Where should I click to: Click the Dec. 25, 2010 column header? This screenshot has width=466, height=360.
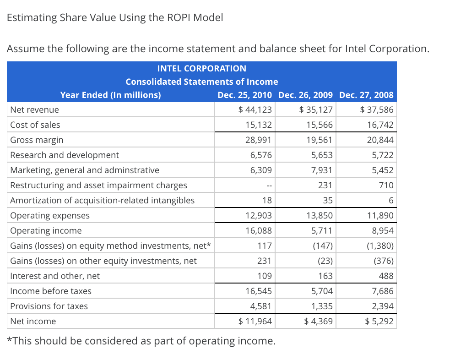tap(244, 95)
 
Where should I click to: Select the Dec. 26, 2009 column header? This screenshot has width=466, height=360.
tap(305, 95)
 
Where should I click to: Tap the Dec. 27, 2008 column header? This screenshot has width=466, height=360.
tap(366, 95)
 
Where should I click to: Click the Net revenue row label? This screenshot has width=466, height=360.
tap(35, 110)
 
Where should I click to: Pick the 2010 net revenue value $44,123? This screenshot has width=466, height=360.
tap(255, 110)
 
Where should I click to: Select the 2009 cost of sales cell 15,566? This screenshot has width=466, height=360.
tap(321, 125)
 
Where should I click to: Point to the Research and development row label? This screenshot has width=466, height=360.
tap(65, 155)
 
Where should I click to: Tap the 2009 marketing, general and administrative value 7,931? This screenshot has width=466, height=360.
tap(323, 170)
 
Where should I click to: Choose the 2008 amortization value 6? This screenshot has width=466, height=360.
tap(390, 201)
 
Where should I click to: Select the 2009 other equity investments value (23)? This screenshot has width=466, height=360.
tap(324, 261)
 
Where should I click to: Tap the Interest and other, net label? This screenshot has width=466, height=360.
tap(55, 276)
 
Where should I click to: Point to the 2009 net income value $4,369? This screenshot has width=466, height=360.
tap(319, 322)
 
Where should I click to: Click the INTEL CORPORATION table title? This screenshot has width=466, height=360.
tap(201, 69)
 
